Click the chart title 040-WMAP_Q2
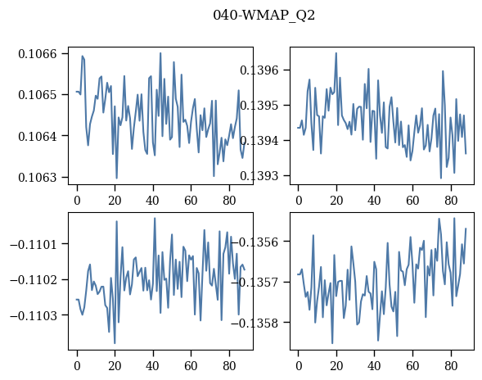coord(264,15)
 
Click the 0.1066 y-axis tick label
coord(38,54)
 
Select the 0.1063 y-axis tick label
coord(38,177)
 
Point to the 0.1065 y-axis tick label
coord(38,95)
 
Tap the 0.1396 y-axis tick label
coord(259,70)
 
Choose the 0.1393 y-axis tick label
coord(259,176)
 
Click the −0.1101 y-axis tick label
coord(34,245)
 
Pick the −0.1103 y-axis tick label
coord(34,315)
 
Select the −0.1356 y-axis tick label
coord(255,242)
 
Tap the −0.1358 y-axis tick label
coord(255,323)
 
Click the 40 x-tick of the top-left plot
coord(152,201)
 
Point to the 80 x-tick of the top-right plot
coord(451,201)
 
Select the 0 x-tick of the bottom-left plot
coord(77,366)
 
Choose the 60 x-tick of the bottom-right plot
coord(412,366)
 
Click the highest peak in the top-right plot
coord(336,53)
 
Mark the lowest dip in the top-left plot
coord(116,179)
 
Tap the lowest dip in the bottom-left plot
coord(115,343)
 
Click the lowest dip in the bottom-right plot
coord(332,343)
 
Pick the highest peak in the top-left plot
coord(160,53)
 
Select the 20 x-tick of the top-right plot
coord(336,201)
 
